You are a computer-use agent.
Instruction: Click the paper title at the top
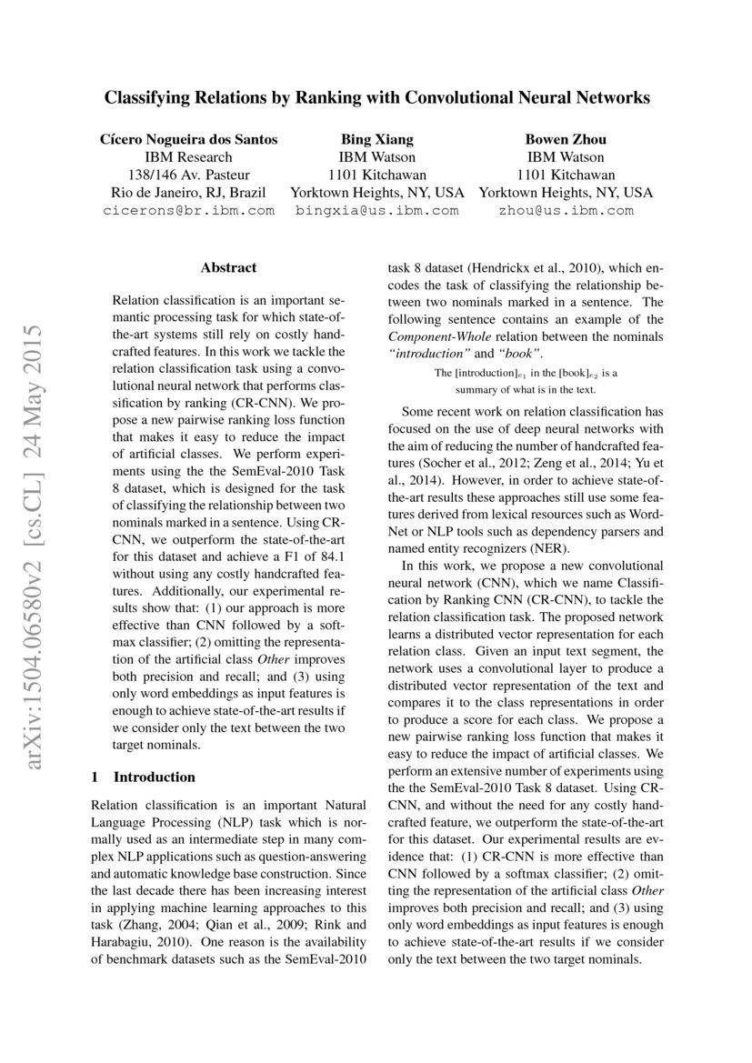[376, 97]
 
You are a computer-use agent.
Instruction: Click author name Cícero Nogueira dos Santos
[188, 139]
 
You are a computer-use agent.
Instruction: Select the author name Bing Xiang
[376, 139]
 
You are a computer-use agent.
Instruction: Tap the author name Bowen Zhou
[566, 139]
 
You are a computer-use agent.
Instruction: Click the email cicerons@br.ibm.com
[188, 210]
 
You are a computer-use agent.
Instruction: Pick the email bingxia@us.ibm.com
[376, 210]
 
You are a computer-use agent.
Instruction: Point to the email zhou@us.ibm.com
[566, 210]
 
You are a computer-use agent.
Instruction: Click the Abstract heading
[228, 267]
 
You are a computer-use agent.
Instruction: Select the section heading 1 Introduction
[144, 777]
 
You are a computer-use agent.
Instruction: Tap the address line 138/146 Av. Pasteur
[188, 175]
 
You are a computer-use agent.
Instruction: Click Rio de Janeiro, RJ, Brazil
[188, 193]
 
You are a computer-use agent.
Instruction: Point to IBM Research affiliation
[188, 157]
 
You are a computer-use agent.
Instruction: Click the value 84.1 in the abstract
[327, 557]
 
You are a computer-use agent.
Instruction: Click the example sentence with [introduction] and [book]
[526, 381]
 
